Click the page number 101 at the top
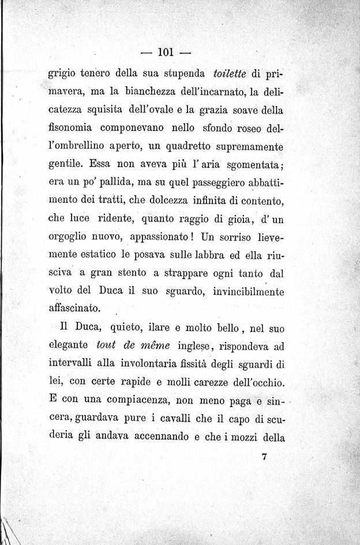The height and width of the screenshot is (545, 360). (166, 52)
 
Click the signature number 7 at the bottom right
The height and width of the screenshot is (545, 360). (264, 457)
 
